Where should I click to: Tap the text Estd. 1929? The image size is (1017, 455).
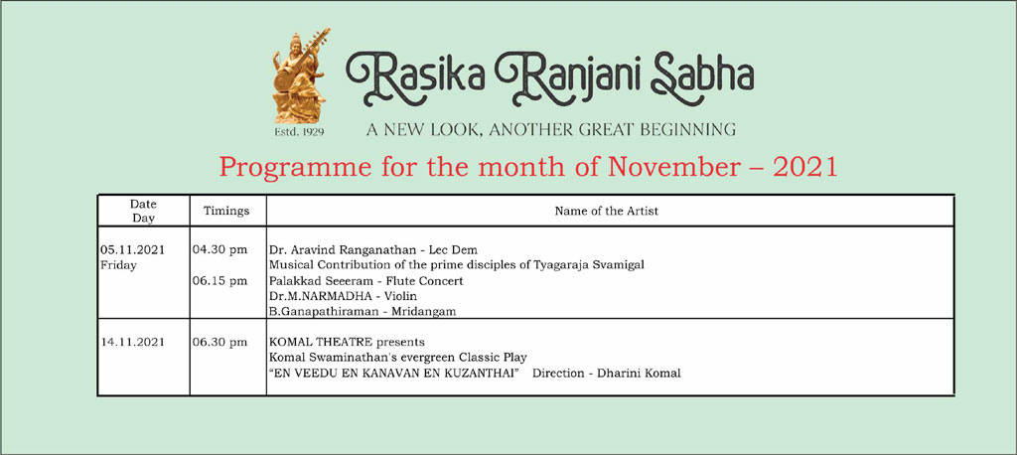point(299,132)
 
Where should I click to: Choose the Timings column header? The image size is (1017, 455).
point(226,211)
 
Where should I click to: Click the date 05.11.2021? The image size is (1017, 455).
point(132,250)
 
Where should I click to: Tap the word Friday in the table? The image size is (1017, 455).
point(119,265)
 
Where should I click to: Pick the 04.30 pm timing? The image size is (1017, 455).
point(219,250)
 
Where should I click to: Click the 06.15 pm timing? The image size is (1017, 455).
point(219,281)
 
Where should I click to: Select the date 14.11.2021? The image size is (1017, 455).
point(132,342)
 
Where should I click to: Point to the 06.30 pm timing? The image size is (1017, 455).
point(219,342)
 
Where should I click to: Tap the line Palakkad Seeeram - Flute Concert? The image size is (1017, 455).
point(366,281)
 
